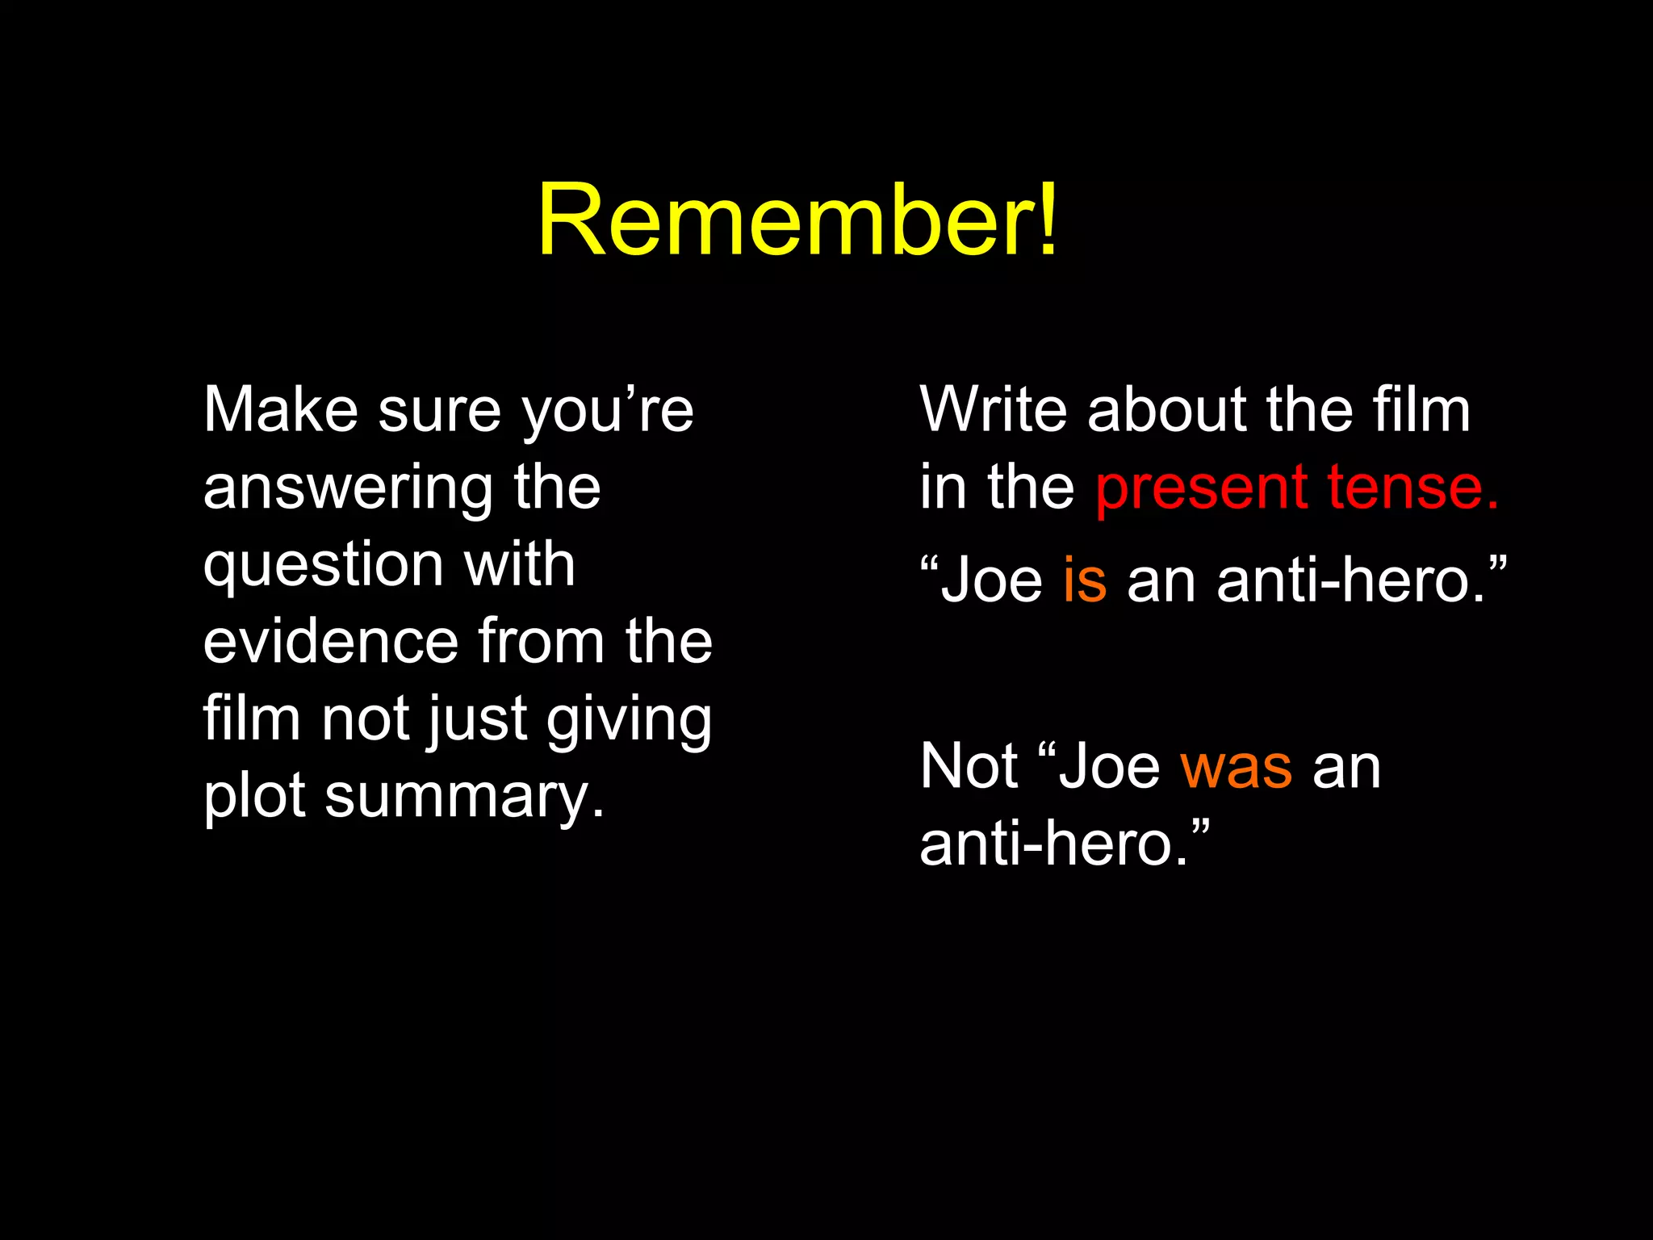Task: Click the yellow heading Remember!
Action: pyautogui.click(x=797, y=220)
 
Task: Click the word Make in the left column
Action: pyautogui.click(x=280, y=410)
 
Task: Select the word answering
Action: pyautogui.click(x=348, y=489)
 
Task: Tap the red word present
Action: pyautogui.click(x=1201, y=489)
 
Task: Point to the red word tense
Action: pyautogui.click(x=1413, y=488)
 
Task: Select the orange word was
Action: pyautogui.click(x=1236, y=767)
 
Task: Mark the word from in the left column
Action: pyautogui.click(x=542, y=641)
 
